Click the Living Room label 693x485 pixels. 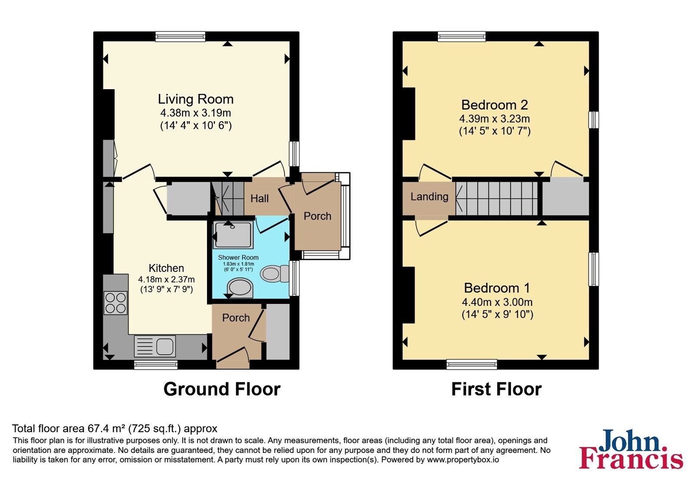(x=195, y=99)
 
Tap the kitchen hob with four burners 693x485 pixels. (x=115, y=303)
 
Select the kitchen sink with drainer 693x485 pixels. (x=155, y=346)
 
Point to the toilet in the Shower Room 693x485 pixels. (x=275, y=274)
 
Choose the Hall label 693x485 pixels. (x=259, y=199)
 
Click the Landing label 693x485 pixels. (x=429, y=197)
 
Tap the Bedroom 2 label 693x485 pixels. (x=494, y=105)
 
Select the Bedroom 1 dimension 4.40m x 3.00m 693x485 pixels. (x=497, y=302)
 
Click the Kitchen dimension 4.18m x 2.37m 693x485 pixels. (x=166, y=279)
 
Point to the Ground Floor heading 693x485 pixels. (x=222, y=389)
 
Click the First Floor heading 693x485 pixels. (x=496, y=389)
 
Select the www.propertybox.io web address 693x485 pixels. (x=463, y=460)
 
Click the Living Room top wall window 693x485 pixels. (x=180, y=36)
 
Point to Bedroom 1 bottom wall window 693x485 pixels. (x=472, y=364)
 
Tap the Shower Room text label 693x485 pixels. (x=238, y=257)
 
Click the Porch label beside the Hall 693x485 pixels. (x=317, y=216)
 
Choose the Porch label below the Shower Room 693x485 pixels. (x=236, y=318)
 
